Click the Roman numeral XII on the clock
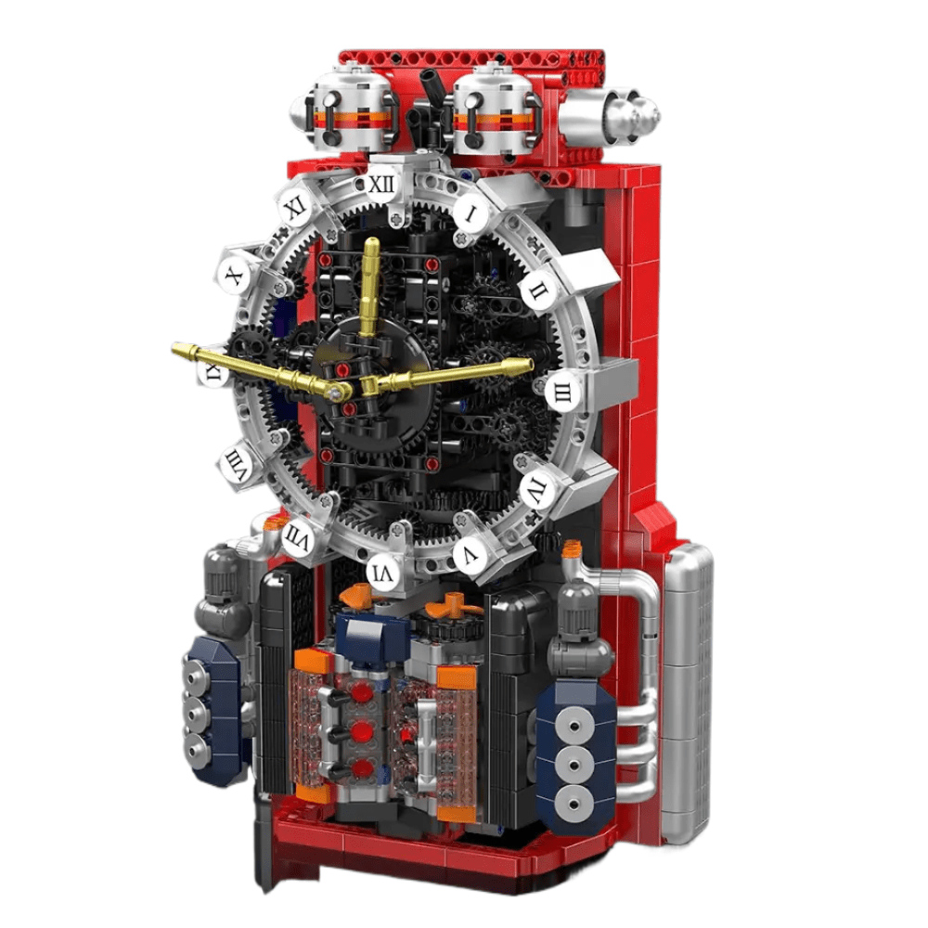380,186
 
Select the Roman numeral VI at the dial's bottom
384,574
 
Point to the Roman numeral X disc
233,276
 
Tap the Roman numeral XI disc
295,207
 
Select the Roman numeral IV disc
535,485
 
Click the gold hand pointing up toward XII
371,288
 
